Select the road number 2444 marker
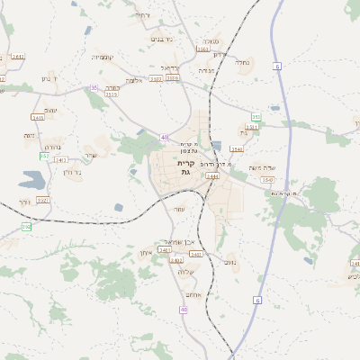pos(212,176)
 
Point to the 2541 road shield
pos(237,149)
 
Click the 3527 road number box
pos(43,199)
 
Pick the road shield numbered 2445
pos(38,117)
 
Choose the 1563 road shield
pos(266,180)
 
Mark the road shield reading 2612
pos(230,262)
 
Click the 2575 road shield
pos(112,94)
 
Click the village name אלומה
pos(134,80)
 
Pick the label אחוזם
pos(192,294)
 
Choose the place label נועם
pos(179,209)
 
